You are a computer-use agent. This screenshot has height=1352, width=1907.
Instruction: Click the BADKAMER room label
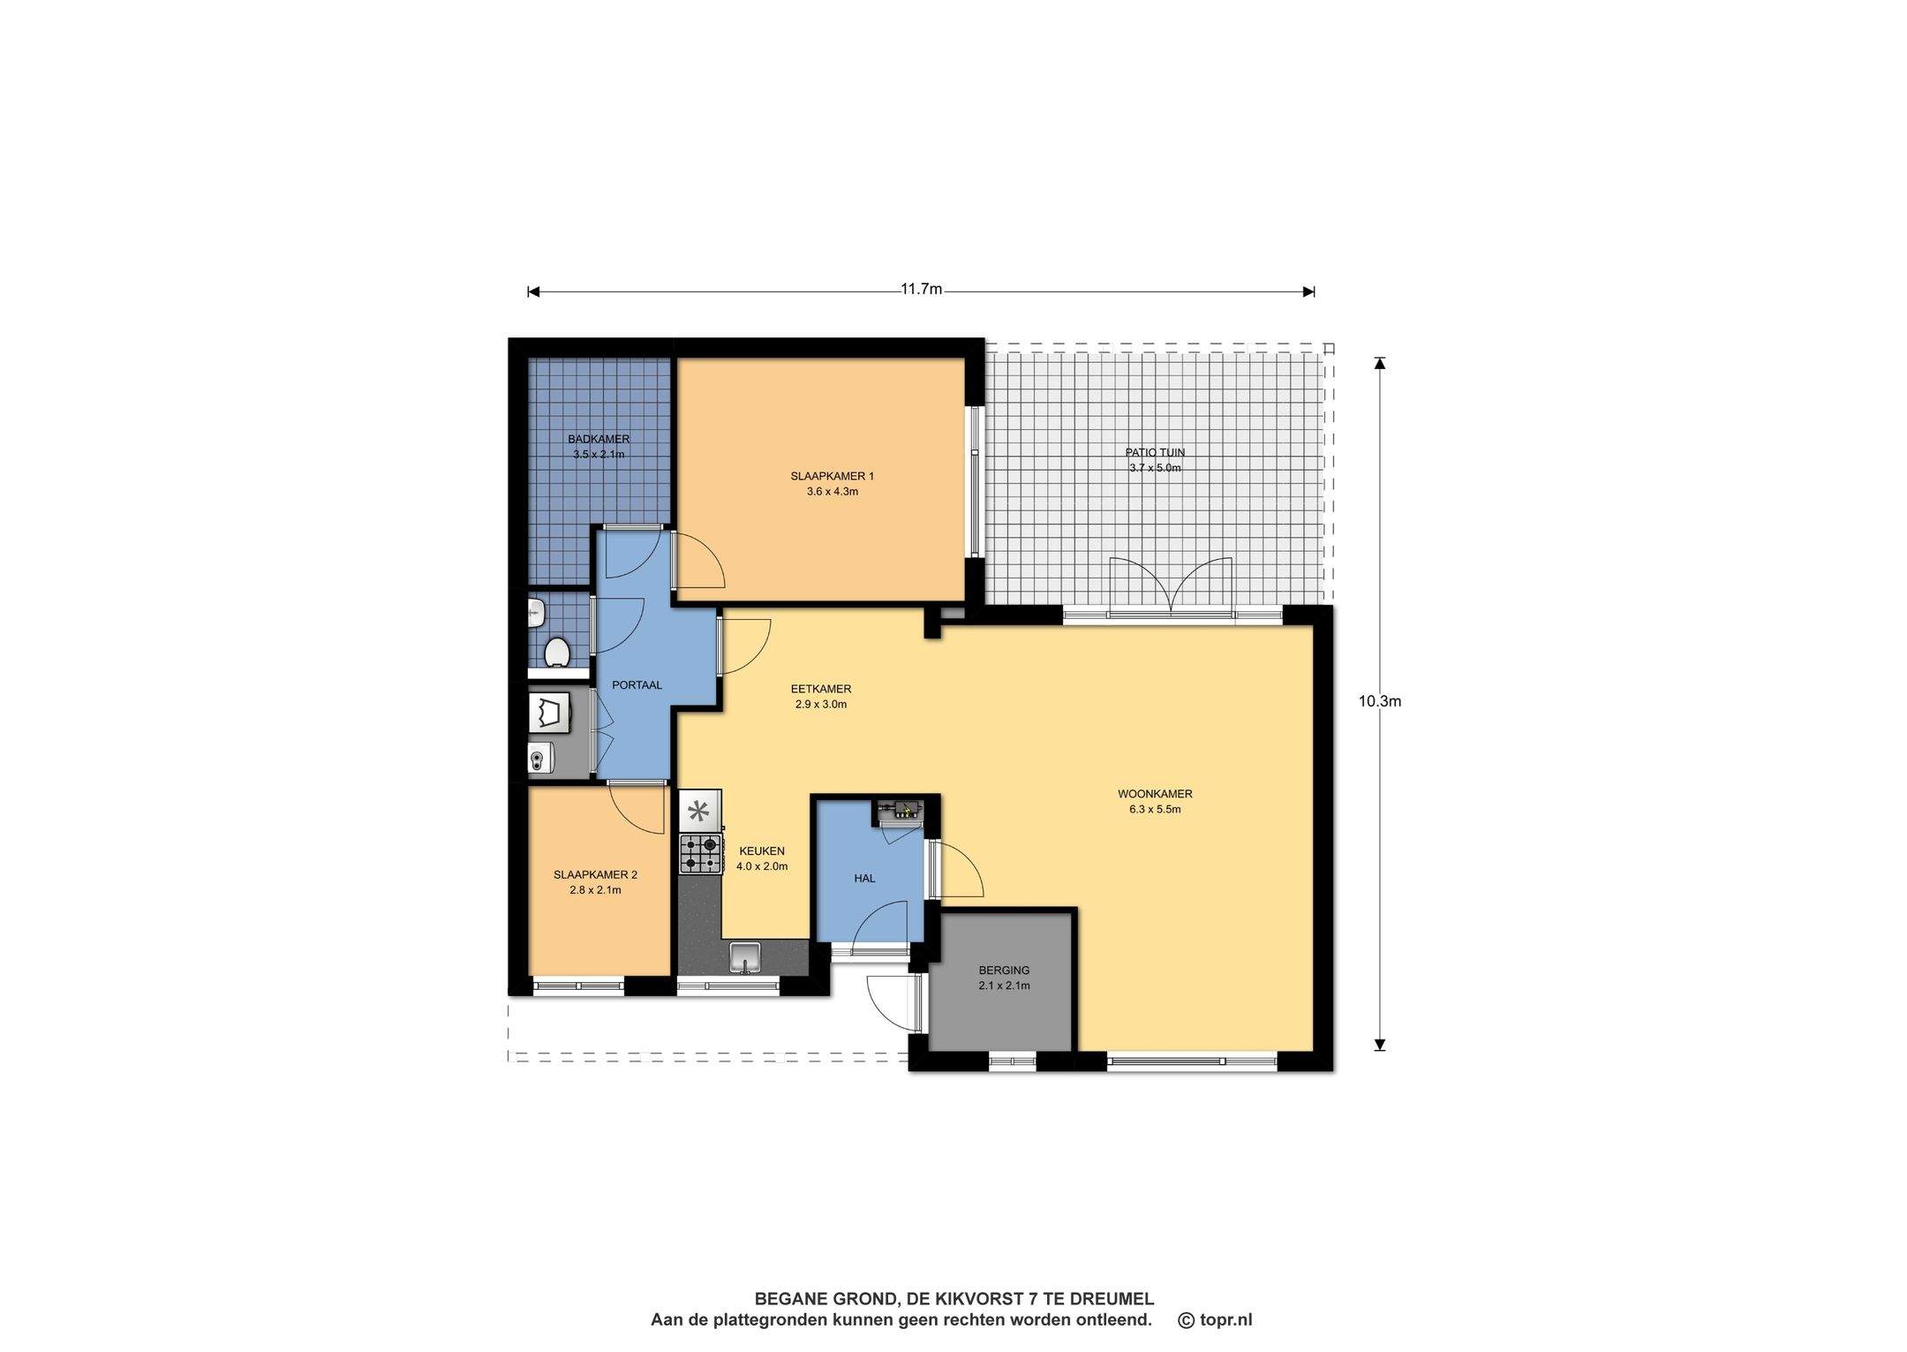coord(599,439)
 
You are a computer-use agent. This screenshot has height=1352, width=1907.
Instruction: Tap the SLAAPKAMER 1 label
coord(832,476)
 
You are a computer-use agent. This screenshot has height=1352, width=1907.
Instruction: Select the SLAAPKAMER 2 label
coord(595,874)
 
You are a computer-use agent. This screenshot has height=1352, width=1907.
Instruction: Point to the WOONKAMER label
coord(1155,793)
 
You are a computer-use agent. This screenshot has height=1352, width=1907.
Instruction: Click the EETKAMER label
coord(820,689)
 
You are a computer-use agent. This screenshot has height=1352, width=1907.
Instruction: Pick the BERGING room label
coord(1004,970)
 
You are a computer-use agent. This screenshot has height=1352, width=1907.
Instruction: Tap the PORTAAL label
coord(637,684)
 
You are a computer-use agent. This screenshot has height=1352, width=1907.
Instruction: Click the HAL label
coord(864,878)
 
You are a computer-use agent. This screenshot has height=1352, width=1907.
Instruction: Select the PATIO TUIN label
coord(1155,452)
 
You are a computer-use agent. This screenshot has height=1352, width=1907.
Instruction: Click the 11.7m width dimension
coord(921,289)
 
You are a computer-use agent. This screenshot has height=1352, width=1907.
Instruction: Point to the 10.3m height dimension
coord(1380,701)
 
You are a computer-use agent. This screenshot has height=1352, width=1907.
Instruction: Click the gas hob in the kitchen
coord(700,854)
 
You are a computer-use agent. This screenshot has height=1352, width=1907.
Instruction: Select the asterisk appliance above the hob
coord(699,811)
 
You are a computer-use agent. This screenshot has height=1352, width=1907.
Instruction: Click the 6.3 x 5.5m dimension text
coord(1155,809)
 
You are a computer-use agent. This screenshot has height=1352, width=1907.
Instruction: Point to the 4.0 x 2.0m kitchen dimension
coord(762,866)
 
